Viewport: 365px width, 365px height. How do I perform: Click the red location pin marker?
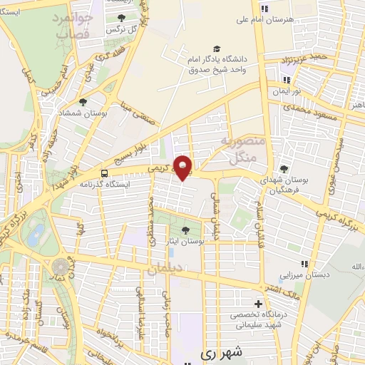coord(183,167)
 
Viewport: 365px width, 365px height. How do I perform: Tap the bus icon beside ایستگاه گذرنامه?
coord(106,173)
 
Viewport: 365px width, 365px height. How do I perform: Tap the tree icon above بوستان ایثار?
coord(186,230)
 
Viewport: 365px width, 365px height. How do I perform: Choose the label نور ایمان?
coord(292,93)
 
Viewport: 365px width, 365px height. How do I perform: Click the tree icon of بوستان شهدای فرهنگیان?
coord(284,168)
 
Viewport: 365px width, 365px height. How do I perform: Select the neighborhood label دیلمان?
coord(165,269)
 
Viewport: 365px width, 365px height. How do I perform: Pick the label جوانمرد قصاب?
coord(72,26)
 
